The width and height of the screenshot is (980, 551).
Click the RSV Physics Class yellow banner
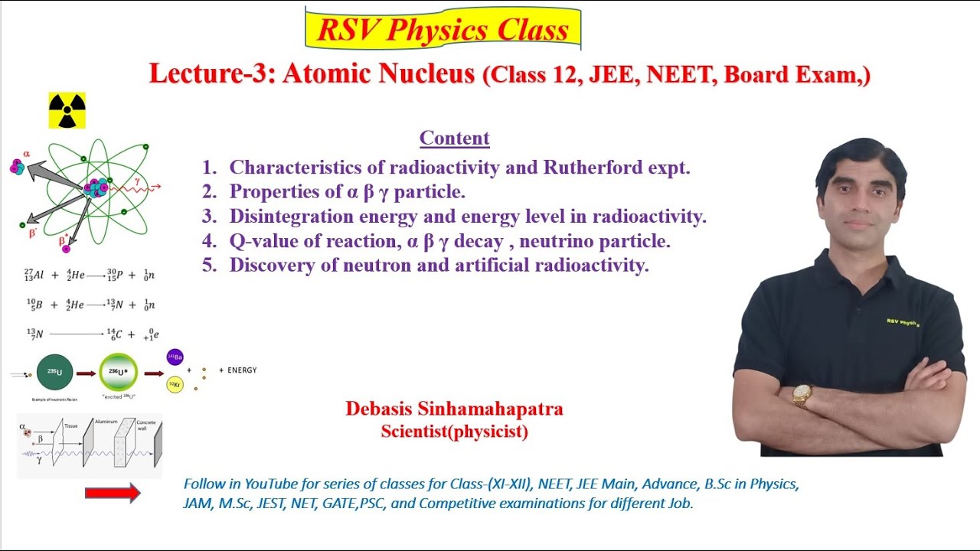coord(443,29)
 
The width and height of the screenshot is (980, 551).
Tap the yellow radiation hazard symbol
coord(67,111)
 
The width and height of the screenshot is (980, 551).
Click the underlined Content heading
coord(454,139)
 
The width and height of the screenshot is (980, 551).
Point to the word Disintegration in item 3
coord(293,217)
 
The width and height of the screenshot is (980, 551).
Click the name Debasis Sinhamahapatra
coord(454,409)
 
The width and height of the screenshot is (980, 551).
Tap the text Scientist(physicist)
coord(454,432)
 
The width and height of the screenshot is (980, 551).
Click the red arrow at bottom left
coord(113,494)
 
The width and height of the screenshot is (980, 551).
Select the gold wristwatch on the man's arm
coord(802,394)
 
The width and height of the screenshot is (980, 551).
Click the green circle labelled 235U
coord(55,373)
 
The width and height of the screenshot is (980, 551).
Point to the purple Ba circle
coord(175,357)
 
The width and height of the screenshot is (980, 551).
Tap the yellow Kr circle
coord(175,384)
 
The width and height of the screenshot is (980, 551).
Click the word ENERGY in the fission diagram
coord(242,370)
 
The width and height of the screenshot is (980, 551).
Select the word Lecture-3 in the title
coord(212,74)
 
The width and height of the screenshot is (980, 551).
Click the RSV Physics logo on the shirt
coord(903,322)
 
